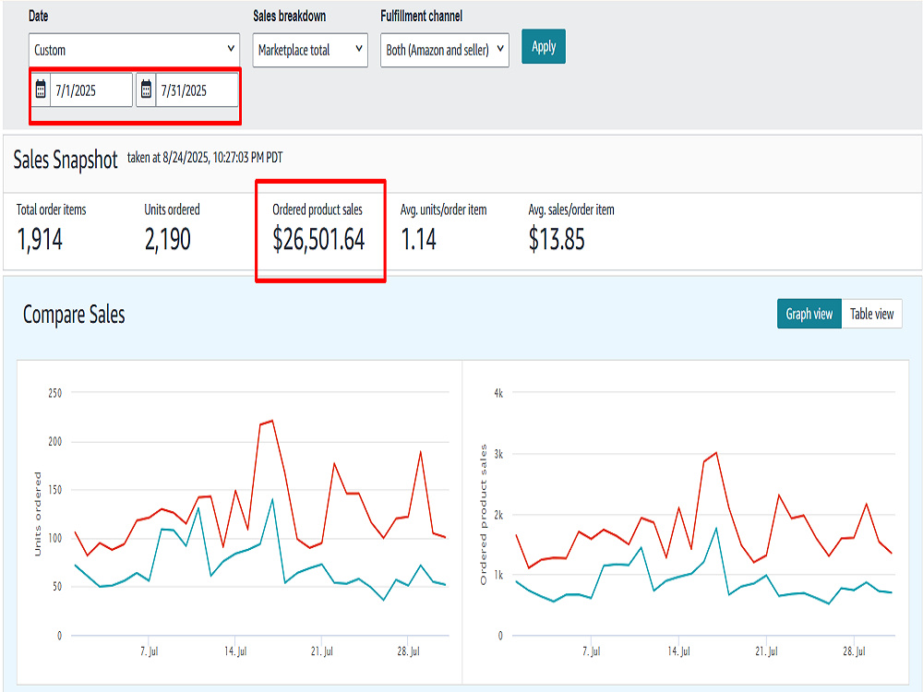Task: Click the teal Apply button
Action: click(x=544, y=46)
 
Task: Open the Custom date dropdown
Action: click(x=134, y=50)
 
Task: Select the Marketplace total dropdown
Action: click(x=310, y=50)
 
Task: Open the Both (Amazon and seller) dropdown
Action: click(x=445, y=50)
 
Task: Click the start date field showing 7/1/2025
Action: click(x=91, y=90)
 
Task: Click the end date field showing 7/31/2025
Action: click(x=197, y=90)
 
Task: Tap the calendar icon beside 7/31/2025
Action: click(x=146, y=89)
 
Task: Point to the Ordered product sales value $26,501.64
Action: click(x=318, y=240)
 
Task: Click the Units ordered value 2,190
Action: click(x=168, y=240)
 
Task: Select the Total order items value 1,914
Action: click(x=40, y=240)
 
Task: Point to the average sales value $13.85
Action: click(x=557, y=240)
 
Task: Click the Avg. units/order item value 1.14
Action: click(x=418, y=240)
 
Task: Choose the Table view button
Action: click(x=872, y=314)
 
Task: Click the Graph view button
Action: click(x=809, y=314)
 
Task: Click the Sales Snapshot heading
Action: click(x=66, y=160)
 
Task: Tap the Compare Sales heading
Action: click(x=74, y=315)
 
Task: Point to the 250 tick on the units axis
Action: click(x=54, y=393)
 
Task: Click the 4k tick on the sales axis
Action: click(x=498, y=393)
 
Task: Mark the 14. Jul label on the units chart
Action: click(x=235, y=651)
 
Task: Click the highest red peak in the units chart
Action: click(x=272, y=420)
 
